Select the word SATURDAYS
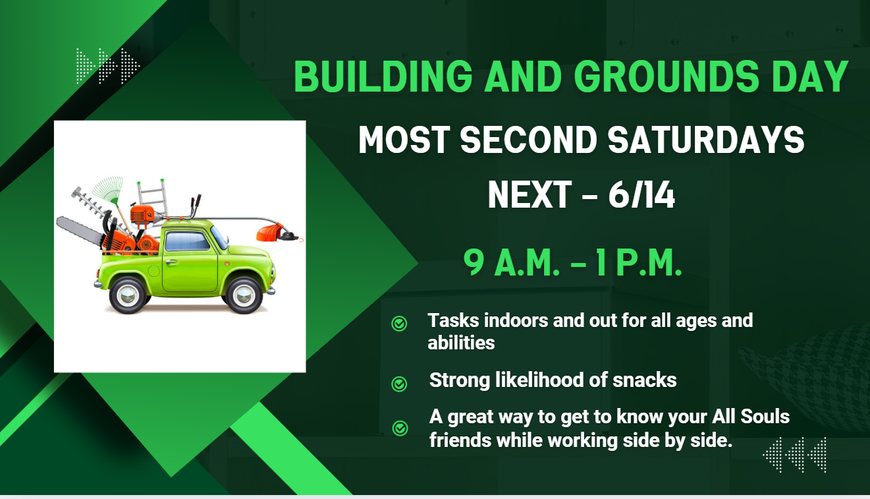coord(706,140)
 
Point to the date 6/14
coord(641,194)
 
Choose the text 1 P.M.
coord(639,262)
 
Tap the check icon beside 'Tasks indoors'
coord(399,324)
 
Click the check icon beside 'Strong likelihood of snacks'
coord(399,384)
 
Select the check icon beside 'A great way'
coord(400,428)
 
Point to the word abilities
coord(461,343)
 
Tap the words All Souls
coord(751,417)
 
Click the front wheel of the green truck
coord(244,295)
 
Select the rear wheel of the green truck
coord(128,295)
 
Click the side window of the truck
coord(187,241)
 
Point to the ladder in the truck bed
coord(152,196)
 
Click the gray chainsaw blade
coord(79,231)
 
